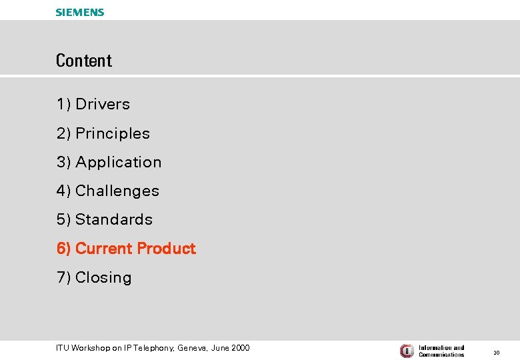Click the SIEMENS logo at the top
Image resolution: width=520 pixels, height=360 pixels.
point(80,12)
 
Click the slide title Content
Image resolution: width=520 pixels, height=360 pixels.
point(84,61)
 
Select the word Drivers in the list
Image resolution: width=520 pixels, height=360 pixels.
point(103,105)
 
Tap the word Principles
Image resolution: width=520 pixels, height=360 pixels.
point(113,134)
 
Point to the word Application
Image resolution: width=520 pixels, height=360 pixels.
point(119,163)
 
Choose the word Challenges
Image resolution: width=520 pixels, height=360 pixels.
point(117,191)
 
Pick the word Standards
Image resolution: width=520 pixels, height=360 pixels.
point(114,220)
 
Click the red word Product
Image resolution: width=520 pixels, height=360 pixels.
point(166,249)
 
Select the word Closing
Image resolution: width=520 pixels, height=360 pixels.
point(103,278)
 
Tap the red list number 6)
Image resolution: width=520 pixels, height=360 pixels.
point(64,249)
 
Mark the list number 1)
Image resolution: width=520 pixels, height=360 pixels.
point(64,105)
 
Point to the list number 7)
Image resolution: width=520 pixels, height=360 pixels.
point(64,278)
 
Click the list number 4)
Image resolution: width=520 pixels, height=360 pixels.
point(64,191)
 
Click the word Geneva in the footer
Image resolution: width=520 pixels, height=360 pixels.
point(193,348)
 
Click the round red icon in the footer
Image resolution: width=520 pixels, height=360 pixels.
point(407,351)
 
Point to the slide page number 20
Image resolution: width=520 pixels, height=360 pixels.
point(496,352)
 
